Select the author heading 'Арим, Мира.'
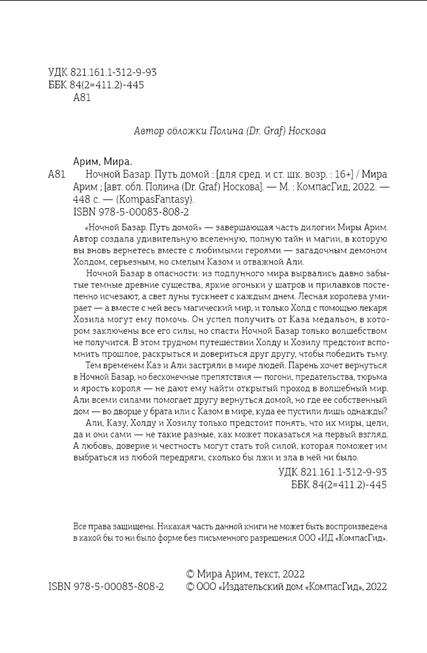pyautogui.click(x=103, y=161)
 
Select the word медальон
pyautogui.click(x=329, y=319)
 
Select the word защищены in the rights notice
pyautogui.click(x=134, y=526)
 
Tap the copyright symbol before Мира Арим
pyautogui.click(x=191, y=574)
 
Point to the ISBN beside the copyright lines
pyautogui.click(x=106, y=587)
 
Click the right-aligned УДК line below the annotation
pyautogui.click(x=333, y=471)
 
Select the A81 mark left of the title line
pyautogui.click(x=57, y=174)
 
